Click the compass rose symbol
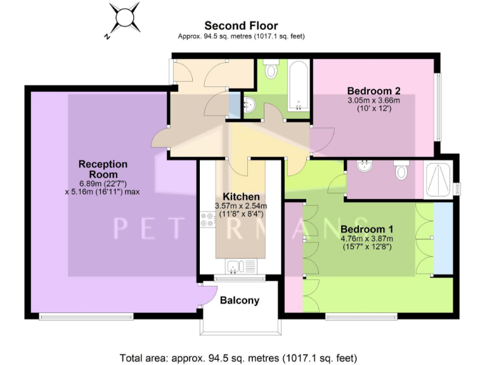(x=124, y=19)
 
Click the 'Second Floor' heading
(x=240, y=26)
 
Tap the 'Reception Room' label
(x=103, y=169)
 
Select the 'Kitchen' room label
(x=240, y=196)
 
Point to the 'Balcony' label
(x=239, y=300)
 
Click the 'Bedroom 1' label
(x=367, y=229)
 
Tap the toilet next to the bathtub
(x=271, y=69)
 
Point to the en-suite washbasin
(x=365, y=167)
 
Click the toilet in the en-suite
(x=401, y=170)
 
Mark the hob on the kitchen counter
(x=207, y=220)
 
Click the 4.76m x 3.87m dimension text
(x=367, y=238)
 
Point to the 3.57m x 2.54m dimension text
(x=240, y=206)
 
